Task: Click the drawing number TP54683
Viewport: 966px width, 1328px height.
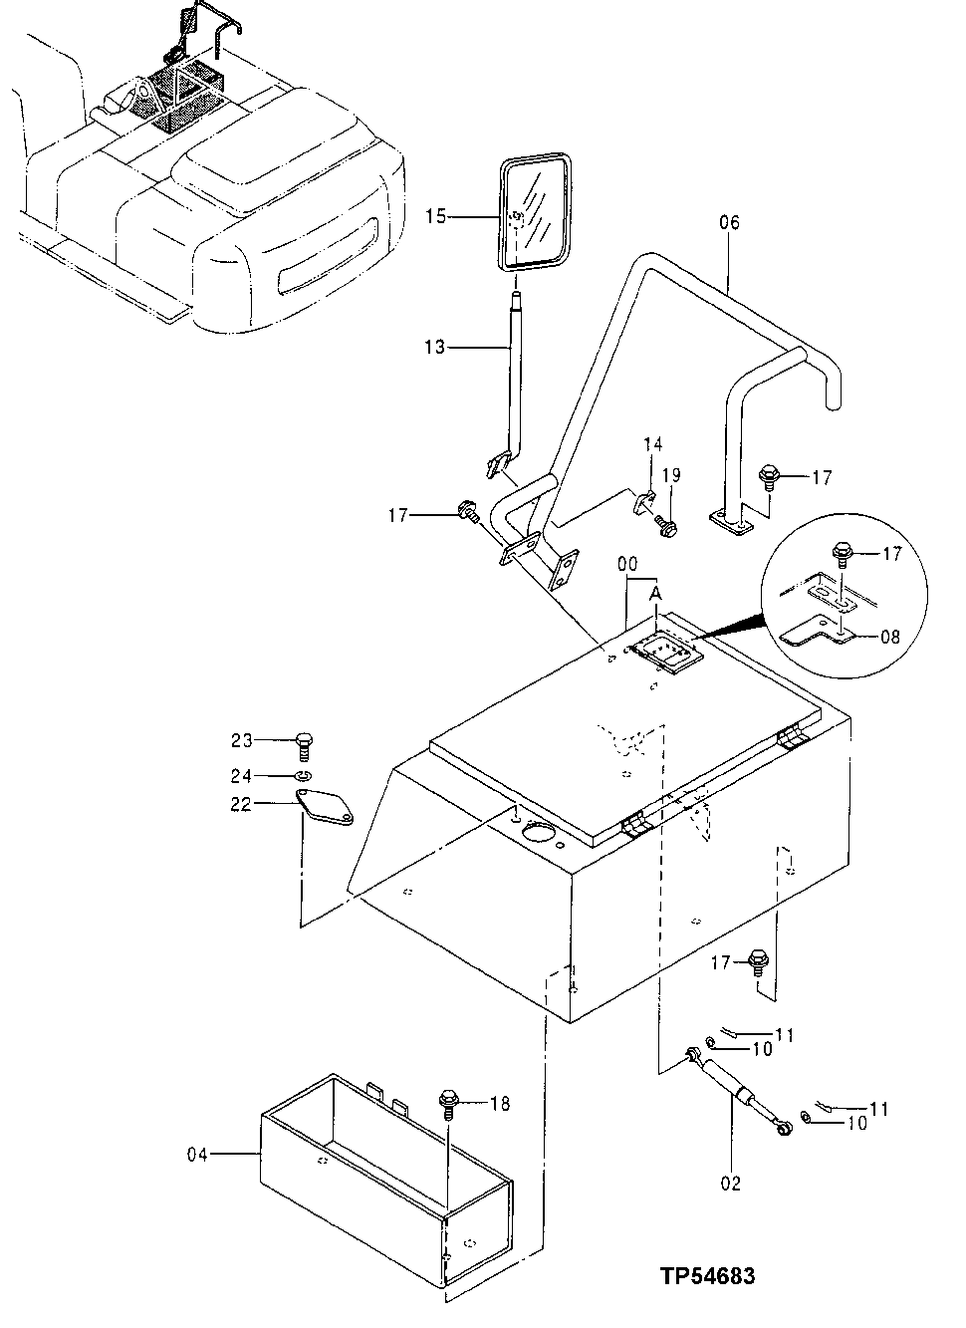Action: [x=706, y=1275]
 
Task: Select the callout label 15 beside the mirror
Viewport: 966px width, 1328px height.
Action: [x=436, y=214]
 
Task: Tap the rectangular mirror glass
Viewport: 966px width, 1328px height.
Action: [x=537, y=211]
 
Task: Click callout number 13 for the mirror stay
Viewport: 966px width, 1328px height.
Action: [x=436, y=347]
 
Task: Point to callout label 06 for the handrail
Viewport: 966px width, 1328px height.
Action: [x=729, y=223]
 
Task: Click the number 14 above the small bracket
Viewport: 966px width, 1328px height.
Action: [x=651, y=443]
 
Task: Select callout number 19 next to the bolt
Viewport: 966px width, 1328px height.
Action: [x=672, y=475]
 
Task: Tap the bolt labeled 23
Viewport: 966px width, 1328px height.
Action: [x=304, y=743]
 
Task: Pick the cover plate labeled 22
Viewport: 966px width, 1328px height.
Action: [x=325, y=807]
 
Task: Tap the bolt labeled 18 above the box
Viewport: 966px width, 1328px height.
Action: [x=448, y=1103]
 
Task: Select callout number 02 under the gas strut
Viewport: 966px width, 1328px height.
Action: [x=732, y=1184]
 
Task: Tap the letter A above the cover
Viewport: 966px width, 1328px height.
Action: [x=655, y=594]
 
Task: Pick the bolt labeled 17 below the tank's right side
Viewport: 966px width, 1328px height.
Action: [x=756, y=961]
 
